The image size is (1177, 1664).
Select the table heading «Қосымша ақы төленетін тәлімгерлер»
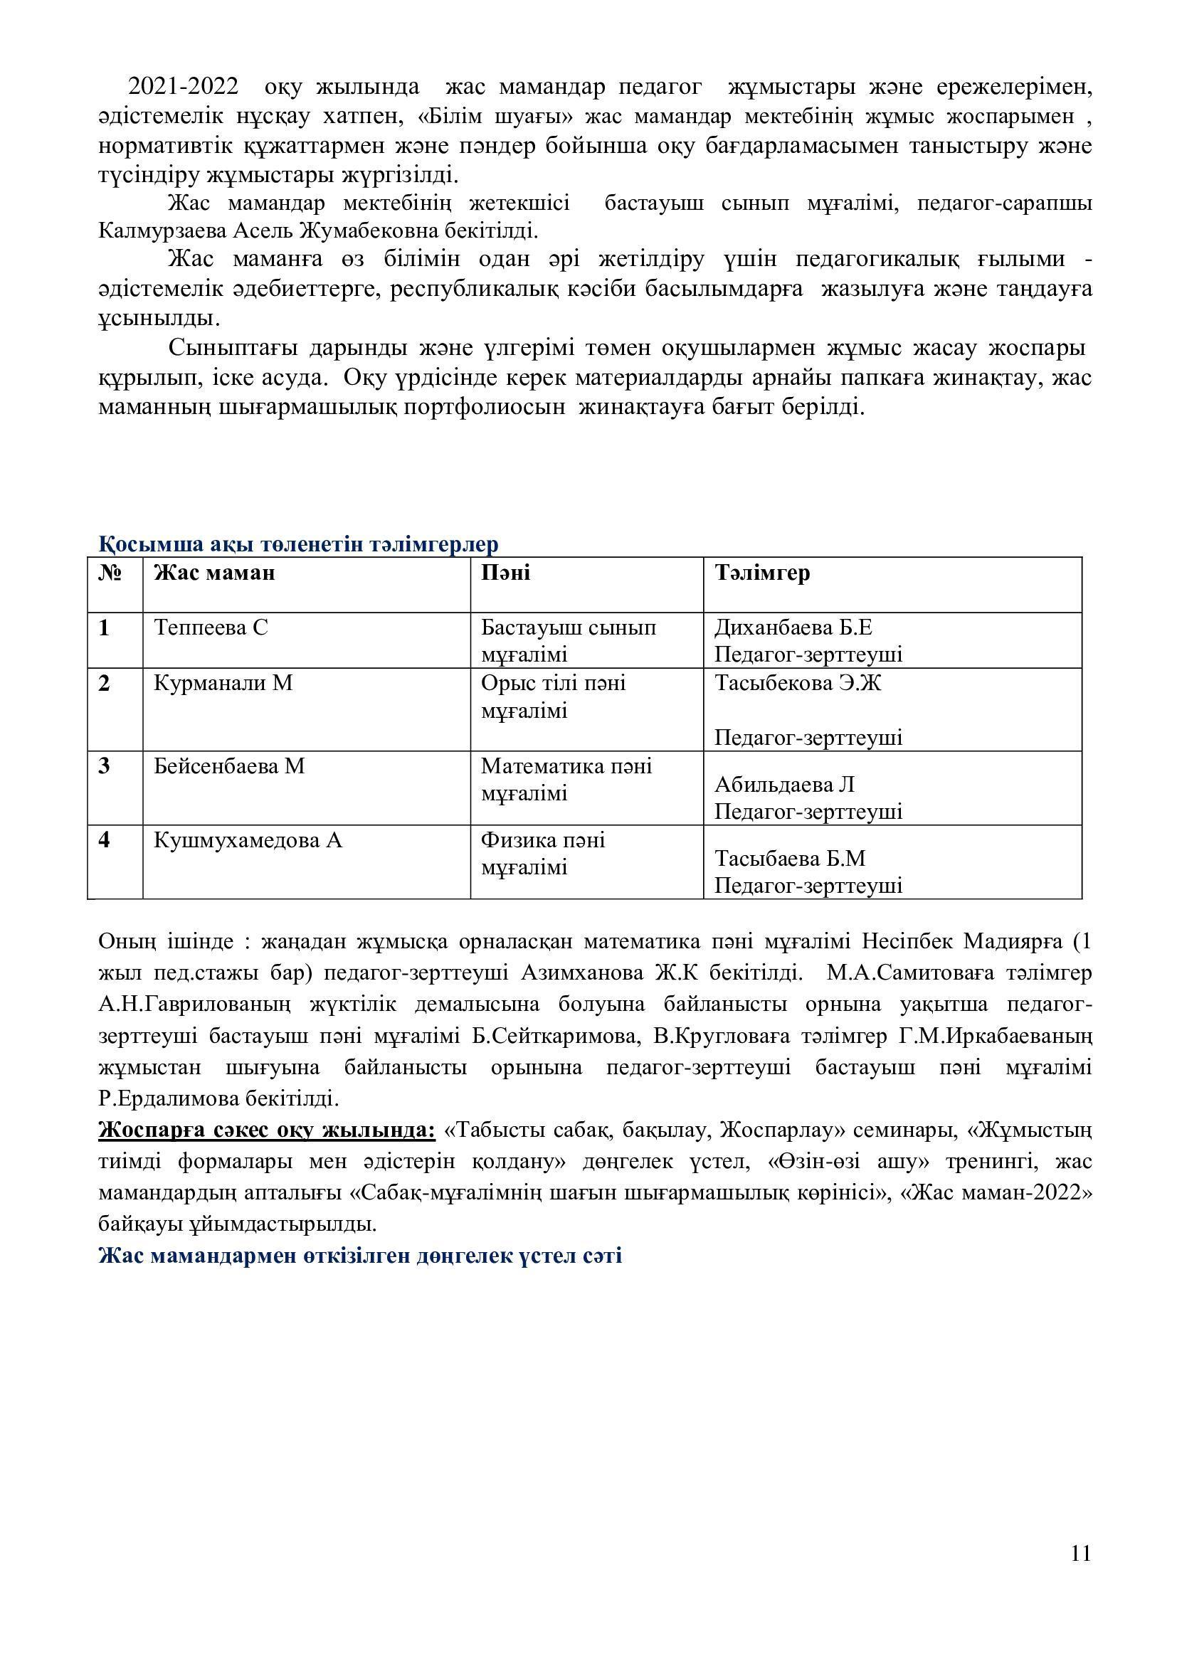point(298,544)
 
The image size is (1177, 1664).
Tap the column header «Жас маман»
point(214,573)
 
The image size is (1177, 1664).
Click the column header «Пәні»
point(506,573)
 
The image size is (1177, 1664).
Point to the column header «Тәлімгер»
point(762,573)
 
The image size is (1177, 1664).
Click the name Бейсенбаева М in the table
point(229,766)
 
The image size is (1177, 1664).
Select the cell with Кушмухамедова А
point(248,841)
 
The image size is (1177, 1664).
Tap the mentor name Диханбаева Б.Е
point(798,627)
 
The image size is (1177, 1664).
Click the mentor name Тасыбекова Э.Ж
point(798,684)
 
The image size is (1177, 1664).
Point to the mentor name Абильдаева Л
point(785,785)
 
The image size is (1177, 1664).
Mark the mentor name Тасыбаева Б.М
point(790,859)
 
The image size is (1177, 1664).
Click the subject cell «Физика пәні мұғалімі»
point(544,854)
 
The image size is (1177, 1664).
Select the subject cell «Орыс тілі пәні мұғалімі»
point(554,696)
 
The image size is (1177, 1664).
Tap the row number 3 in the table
point(105,766)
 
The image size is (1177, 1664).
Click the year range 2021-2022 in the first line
point(184,88)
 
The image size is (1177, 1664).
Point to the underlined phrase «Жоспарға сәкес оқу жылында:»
point(267,1130)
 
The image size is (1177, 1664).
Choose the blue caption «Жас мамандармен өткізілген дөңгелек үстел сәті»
point(360,1256)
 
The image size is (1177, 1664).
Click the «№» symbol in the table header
point(110,573)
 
